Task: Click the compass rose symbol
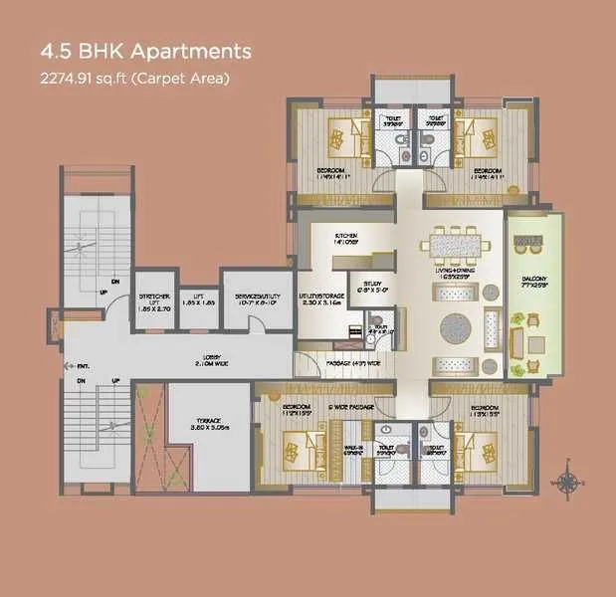(x=568, y=483)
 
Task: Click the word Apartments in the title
(x=186, y=51)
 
